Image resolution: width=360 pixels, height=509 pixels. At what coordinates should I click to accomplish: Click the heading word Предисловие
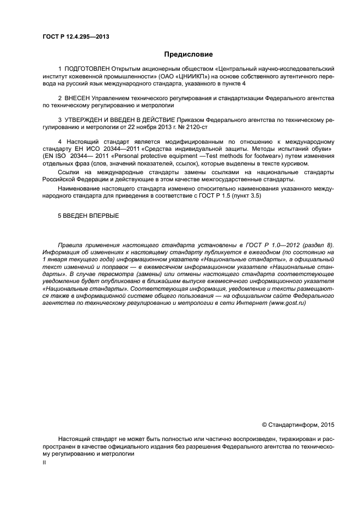(x=189, y=54)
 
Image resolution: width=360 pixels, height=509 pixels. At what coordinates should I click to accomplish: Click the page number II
(x=45, y=462)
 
